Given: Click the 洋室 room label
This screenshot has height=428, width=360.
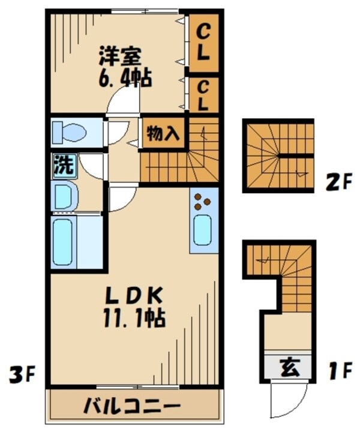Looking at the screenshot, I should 121,57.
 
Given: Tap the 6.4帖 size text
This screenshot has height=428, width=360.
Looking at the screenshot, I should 125,77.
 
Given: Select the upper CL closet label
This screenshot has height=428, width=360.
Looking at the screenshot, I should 202,41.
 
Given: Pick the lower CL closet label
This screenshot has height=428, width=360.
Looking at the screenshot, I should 202,95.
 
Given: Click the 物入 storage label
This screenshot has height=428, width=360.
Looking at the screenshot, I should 163,133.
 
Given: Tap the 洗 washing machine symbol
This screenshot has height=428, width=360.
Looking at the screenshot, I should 62,165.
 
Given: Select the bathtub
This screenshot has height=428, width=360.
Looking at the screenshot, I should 65,242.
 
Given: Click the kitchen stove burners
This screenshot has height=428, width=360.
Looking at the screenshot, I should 203,203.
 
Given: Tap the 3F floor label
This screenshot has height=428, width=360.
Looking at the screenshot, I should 22,376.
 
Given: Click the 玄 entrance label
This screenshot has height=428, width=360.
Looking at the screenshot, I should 287,365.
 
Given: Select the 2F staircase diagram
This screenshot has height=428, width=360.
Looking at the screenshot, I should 278,155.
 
